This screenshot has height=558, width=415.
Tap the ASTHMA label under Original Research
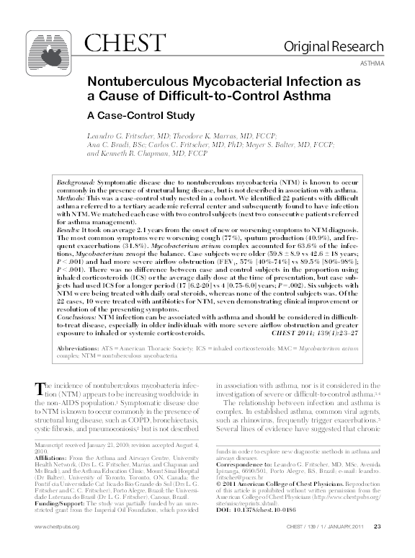pyautogui.click(x=370, y=63)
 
